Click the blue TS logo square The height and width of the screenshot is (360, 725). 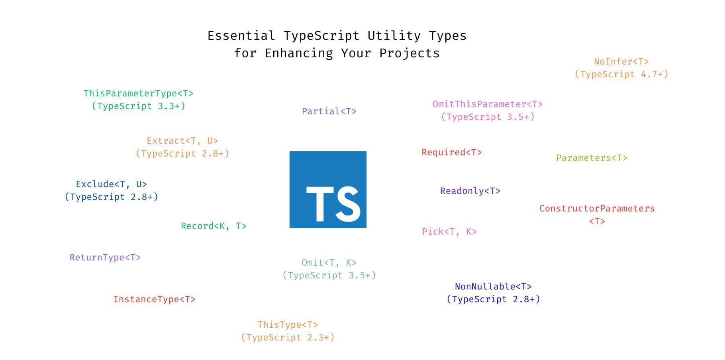(x=328, y=190)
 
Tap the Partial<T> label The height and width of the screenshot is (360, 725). (x=329, y=112)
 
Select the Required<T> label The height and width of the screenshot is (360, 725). (x=452, y=153)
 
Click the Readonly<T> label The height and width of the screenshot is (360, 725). (x=470, y=191)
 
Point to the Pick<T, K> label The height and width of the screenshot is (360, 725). (x=449, y=232)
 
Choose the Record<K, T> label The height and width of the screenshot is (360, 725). (x=214, y=226)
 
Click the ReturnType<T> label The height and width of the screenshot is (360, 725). (x=105, y=258)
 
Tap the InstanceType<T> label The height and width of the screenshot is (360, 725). (x=155, y=299)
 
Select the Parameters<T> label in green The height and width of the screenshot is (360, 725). (x=592, y=158)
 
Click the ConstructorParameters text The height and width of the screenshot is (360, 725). (x=597, y=209)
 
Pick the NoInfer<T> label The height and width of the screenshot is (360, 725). (x=621, y=62)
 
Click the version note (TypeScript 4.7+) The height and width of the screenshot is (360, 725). (x=621, y=74)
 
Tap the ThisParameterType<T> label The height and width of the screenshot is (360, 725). (x=138, y=94)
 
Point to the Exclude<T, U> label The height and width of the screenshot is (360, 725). (x=112, y=184)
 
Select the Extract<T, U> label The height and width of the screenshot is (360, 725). (x=182, y=141)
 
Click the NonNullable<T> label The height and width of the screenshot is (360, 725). (x=493, y=287)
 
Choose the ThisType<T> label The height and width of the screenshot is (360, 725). (x=288, y=325)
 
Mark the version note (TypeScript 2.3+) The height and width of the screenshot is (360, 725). (x=288, y=338)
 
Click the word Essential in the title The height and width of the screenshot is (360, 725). (x=241, y=36)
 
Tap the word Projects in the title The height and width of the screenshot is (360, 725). (x=409, y=53)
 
